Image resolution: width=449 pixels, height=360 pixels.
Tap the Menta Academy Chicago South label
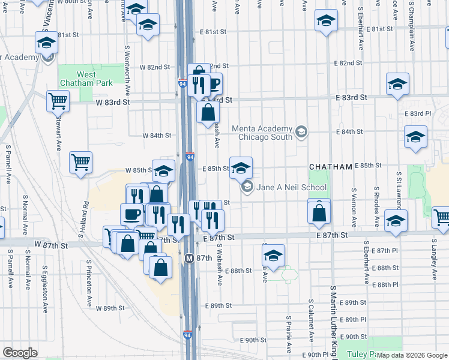coord(265,133)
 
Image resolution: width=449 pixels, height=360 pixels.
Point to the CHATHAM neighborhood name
coord(330,166)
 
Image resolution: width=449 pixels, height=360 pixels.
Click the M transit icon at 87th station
coord(189,258)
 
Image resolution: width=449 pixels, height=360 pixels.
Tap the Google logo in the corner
coord(20,353)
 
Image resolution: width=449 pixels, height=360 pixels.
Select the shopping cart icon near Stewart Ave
coord(80,161)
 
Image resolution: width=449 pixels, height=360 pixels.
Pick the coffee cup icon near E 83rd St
coord(212,82)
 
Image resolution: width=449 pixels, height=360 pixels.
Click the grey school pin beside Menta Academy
coord(301,131)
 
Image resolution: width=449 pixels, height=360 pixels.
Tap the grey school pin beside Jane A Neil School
coord(247,187)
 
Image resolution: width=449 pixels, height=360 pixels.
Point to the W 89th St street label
coord(109,308)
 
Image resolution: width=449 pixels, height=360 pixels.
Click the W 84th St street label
coord(157,136)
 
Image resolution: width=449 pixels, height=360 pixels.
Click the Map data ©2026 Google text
coord(411,355)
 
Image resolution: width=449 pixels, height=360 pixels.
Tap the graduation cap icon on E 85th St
coord(241,168)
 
